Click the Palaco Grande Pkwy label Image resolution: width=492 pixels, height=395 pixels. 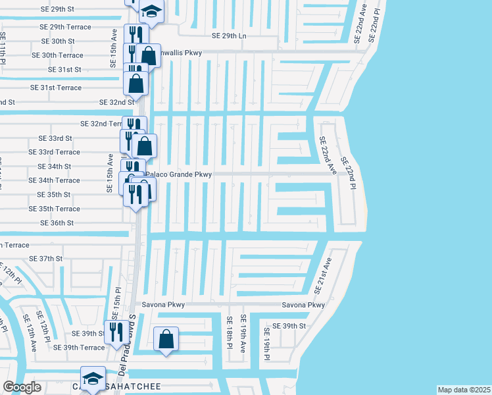179,174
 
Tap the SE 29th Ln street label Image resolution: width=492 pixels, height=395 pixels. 229,36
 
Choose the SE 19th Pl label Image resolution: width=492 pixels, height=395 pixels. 267,344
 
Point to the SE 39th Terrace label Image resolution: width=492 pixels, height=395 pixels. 79,348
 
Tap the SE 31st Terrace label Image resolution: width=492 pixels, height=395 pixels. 56,88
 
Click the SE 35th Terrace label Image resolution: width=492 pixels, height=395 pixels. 54,209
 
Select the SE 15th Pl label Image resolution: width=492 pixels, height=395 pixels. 118,300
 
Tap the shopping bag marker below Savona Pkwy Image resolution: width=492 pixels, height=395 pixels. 166,340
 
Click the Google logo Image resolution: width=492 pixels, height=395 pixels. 22,387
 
